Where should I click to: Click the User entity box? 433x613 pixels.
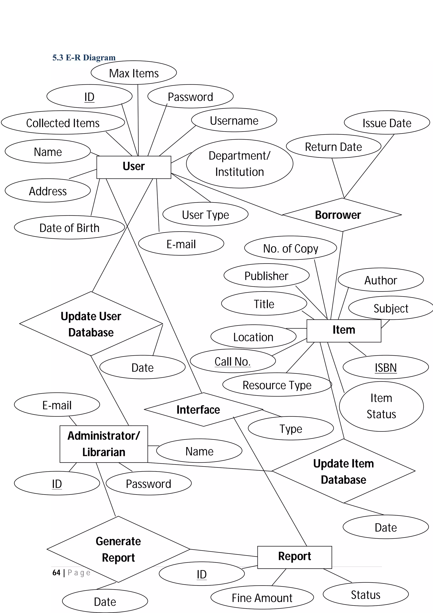coord(133,167)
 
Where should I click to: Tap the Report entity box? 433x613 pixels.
coord(294,557)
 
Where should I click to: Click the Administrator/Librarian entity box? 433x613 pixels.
coord(104,444)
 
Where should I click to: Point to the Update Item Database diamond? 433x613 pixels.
coord(343,471)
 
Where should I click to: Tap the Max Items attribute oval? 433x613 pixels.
coord(134,73)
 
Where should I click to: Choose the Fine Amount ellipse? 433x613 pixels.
coord(262,598)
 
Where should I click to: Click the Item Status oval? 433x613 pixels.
coord(381,406)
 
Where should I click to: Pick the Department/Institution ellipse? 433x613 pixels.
coord(239,164)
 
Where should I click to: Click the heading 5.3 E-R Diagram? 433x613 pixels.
coord(84,57)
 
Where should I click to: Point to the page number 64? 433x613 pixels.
coord(56,572)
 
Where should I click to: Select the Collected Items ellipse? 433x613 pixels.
coord(63,123)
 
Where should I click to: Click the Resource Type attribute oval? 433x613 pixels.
coord(277,385)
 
